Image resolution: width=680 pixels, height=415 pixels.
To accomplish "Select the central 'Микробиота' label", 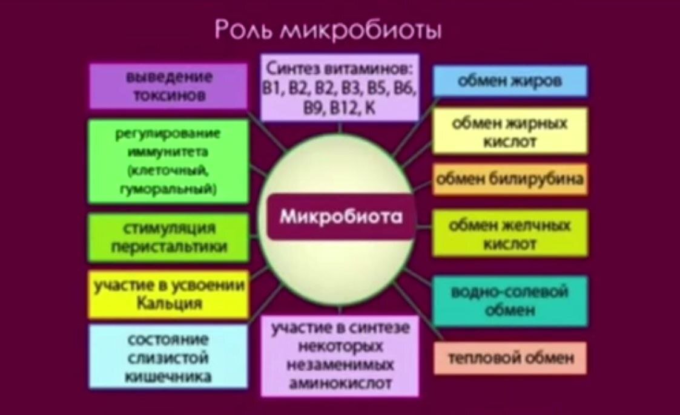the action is click(341, 217).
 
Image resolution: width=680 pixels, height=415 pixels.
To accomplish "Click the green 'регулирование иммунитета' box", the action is click(169, 161).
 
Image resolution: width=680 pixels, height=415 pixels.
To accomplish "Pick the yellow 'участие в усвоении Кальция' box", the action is click(169, 295).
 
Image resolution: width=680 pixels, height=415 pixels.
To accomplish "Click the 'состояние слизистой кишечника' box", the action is click(169, 357).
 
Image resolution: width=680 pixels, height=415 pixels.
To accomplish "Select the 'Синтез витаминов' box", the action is click(340, 87).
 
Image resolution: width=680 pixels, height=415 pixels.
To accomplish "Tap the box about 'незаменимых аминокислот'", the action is click(340, 356).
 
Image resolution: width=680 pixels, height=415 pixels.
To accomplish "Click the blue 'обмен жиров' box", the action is click(510, 81).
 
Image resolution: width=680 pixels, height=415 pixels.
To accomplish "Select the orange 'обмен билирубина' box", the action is click(510, 179).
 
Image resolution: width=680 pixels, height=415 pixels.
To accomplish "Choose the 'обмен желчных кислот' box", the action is click(510, 234).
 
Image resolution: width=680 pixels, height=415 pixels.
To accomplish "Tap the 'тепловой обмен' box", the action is click(510, 358).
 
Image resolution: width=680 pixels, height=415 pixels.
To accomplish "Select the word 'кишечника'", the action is click(169, 376).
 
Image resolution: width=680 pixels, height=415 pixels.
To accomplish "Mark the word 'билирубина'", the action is click(539, 179).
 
